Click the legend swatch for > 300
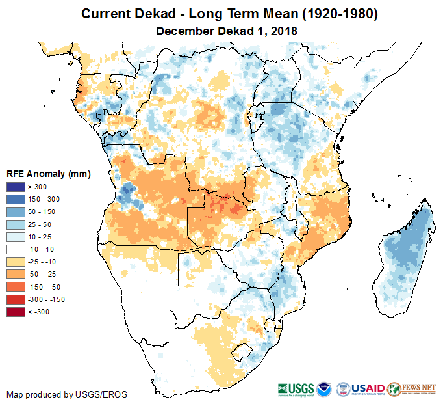[16, 187]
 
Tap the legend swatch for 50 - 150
[16, 212]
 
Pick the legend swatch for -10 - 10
[16, 249]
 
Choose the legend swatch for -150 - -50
[16, 287]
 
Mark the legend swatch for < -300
[16, 312]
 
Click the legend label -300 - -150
[47, 299]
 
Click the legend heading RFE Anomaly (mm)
[48, 174]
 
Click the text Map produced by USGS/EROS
[66, 395]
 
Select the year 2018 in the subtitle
[284, 31]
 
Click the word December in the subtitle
[184, 31]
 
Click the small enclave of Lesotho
[242, 351]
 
